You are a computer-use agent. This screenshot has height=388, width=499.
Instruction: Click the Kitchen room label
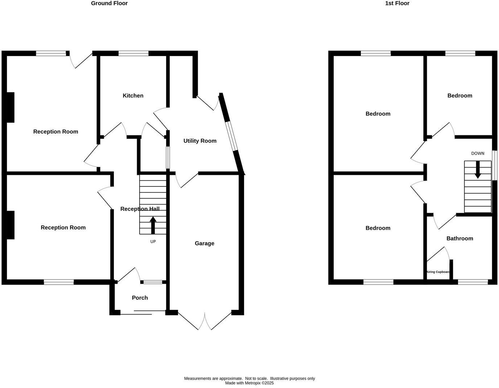(133, 96)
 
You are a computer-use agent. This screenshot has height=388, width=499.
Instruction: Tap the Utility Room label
(200, 141)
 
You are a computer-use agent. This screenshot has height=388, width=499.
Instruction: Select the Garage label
(205, 243)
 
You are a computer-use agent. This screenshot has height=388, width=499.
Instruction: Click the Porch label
(140, 298)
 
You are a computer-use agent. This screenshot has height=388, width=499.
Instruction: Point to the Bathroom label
(459, 238)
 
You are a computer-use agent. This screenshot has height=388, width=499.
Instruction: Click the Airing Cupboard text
(438, 272)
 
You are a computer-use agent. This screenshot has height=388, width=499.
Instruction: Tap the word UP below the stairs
(153, 241)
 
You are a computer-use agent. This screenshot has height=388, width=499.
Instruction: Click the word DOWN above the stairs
(478, 153)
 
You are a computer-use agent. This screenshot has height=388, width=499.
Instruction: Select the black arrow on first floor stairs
(478, 169)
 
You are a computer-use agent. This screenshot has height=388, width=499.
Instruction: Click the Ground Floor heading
(109, 3)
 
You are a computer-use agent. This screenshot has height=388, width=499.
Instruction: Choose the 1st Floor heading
(397, 3)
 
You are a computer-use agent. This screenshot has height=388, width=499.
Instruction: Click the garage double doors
(205, 321)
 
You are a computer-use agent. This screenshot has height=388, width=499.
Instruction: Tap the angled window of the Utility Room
(231, 136)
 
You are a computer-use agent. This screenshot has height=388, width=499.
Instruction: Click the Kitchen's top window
(133, 54)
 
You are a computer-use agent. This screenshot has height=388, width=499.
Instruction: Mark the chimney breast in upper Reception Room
(10, 107)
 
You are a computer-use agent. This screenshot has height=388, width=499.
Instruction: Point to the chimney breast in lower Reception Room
(10, 225)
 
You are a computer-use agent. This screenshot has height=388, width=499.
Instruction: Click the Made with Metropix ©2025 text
(249, 383)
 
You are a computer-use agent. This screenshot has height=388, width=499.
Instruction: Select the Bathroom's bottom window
(473, 282)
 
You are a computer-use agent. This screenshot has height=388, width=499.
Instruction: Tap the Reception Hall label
(140, 209)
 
